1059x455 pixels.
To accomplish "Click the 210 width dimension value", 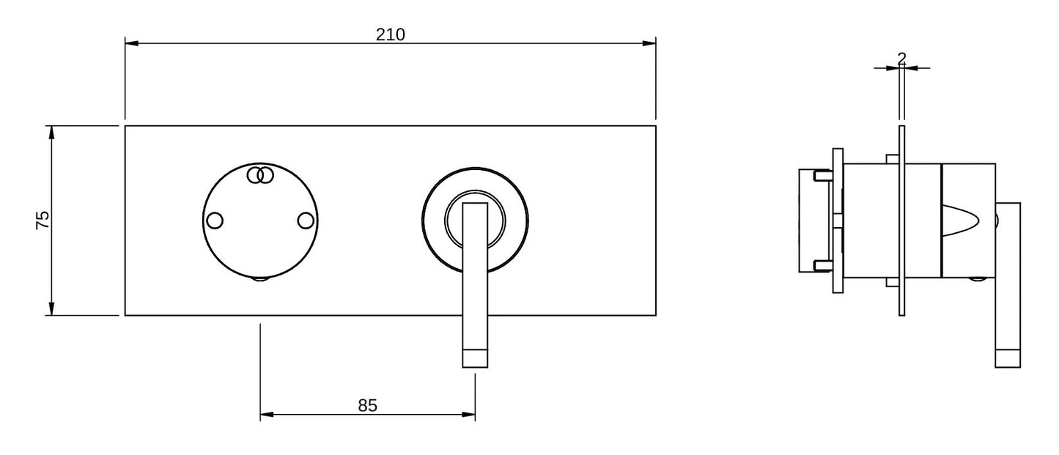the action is (390, 34).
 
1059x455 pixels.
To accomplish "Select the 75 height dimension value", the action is (43, 221).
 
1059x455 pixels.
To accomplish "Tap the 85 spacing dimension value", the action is (367, 405).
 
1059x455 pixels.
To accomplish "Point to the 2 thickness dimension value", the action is (901, 58).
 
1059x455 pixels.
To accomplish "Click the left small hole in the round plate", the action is (215, 221).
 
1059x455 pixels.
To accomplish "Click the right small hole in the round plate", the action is (306, 221).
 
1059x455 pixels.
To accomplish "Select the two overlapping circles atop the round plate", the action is (260, 175).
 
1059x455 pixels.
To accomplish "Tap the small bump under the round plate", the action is (260, 279).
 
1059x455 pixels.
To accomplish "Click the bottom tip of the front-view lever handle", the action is (475, 367).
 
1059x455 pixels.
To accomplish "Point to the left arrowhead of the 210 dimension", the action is (131, 43).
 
